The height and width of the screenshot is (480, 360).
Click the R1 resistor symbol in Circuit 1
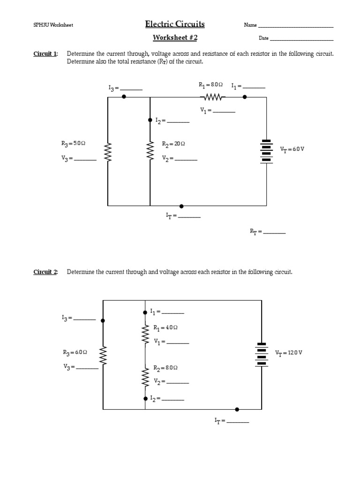213,97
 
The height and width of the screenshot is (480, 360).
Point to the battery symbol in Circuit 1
266,150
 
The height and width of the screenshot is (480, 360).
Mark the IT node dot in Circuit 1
181,206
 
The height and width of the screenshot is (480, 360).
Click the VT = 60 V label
292,149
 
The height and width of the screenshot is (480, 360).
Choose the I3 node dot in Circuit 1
124,97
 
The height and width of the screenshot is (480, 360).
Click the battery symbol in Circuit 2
262,355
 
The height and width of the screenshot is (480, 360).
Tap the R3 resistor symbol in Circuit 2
103,356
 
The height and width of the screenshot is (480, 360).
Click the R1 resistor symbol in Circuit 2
145,333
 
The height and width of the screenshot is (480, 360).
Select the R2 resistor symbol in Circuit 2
145,376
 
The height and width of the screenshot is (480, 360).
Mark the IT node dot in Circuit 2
237,409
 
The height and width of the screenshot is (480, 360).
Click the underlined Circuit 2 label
45,272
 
